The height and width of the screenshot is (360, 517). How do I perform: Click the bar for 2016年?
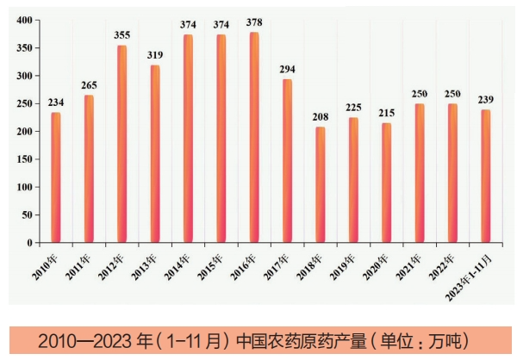(x=254, y=138)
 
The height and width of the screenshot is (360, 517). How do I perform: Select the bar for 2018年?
(x=321, y=185)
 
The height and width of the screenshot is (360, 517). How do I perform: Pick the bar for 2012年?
(x=121, y=144)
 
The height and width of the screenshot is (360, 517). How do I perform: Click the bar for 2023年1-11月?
(x=486, y=177)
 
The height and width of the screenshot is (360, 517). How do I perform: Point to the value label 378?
(x=254, y=22)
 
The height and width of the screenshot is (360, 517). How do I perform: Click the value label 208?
(x=321, y=117)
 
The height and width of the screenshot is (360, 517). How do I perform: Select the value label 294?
(x=287, y=69)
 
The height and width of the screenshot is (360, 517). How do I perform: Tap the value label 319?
(x=155, y=55)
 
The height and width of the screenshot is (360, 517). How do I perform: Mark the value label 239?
(x=486, y=100)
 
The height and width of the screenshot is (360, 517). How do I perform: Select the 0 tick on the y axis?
(x=29, y=243)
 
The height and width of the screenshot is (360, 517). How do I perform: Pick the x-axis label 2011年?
(x=80, y=264)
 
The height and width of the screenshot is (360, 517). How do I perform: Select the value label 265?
(x=89, y=85)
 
